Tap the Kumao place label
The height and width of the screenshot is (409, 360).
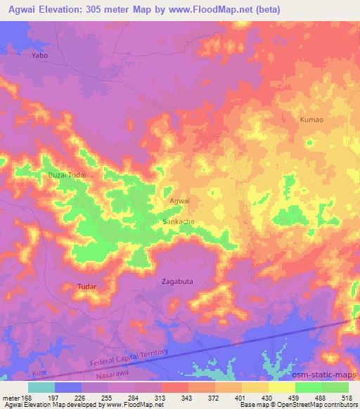(311, 119)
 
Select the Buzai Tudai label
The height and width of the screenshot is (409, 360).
(67, 174)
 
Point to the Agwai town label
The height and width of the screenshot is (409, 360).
(180, 201)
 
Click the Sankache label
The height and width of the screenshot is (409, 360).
(179, 221)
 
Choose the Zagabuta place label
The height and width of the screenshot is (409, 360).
(176, 281)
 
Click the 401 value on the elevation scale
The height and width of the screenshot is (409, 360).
(240, 397)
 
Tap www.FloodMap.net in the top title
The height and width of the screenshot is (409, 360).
(227, 8)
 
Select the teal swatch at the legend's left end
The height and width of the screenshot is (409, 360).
(41, 387)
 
